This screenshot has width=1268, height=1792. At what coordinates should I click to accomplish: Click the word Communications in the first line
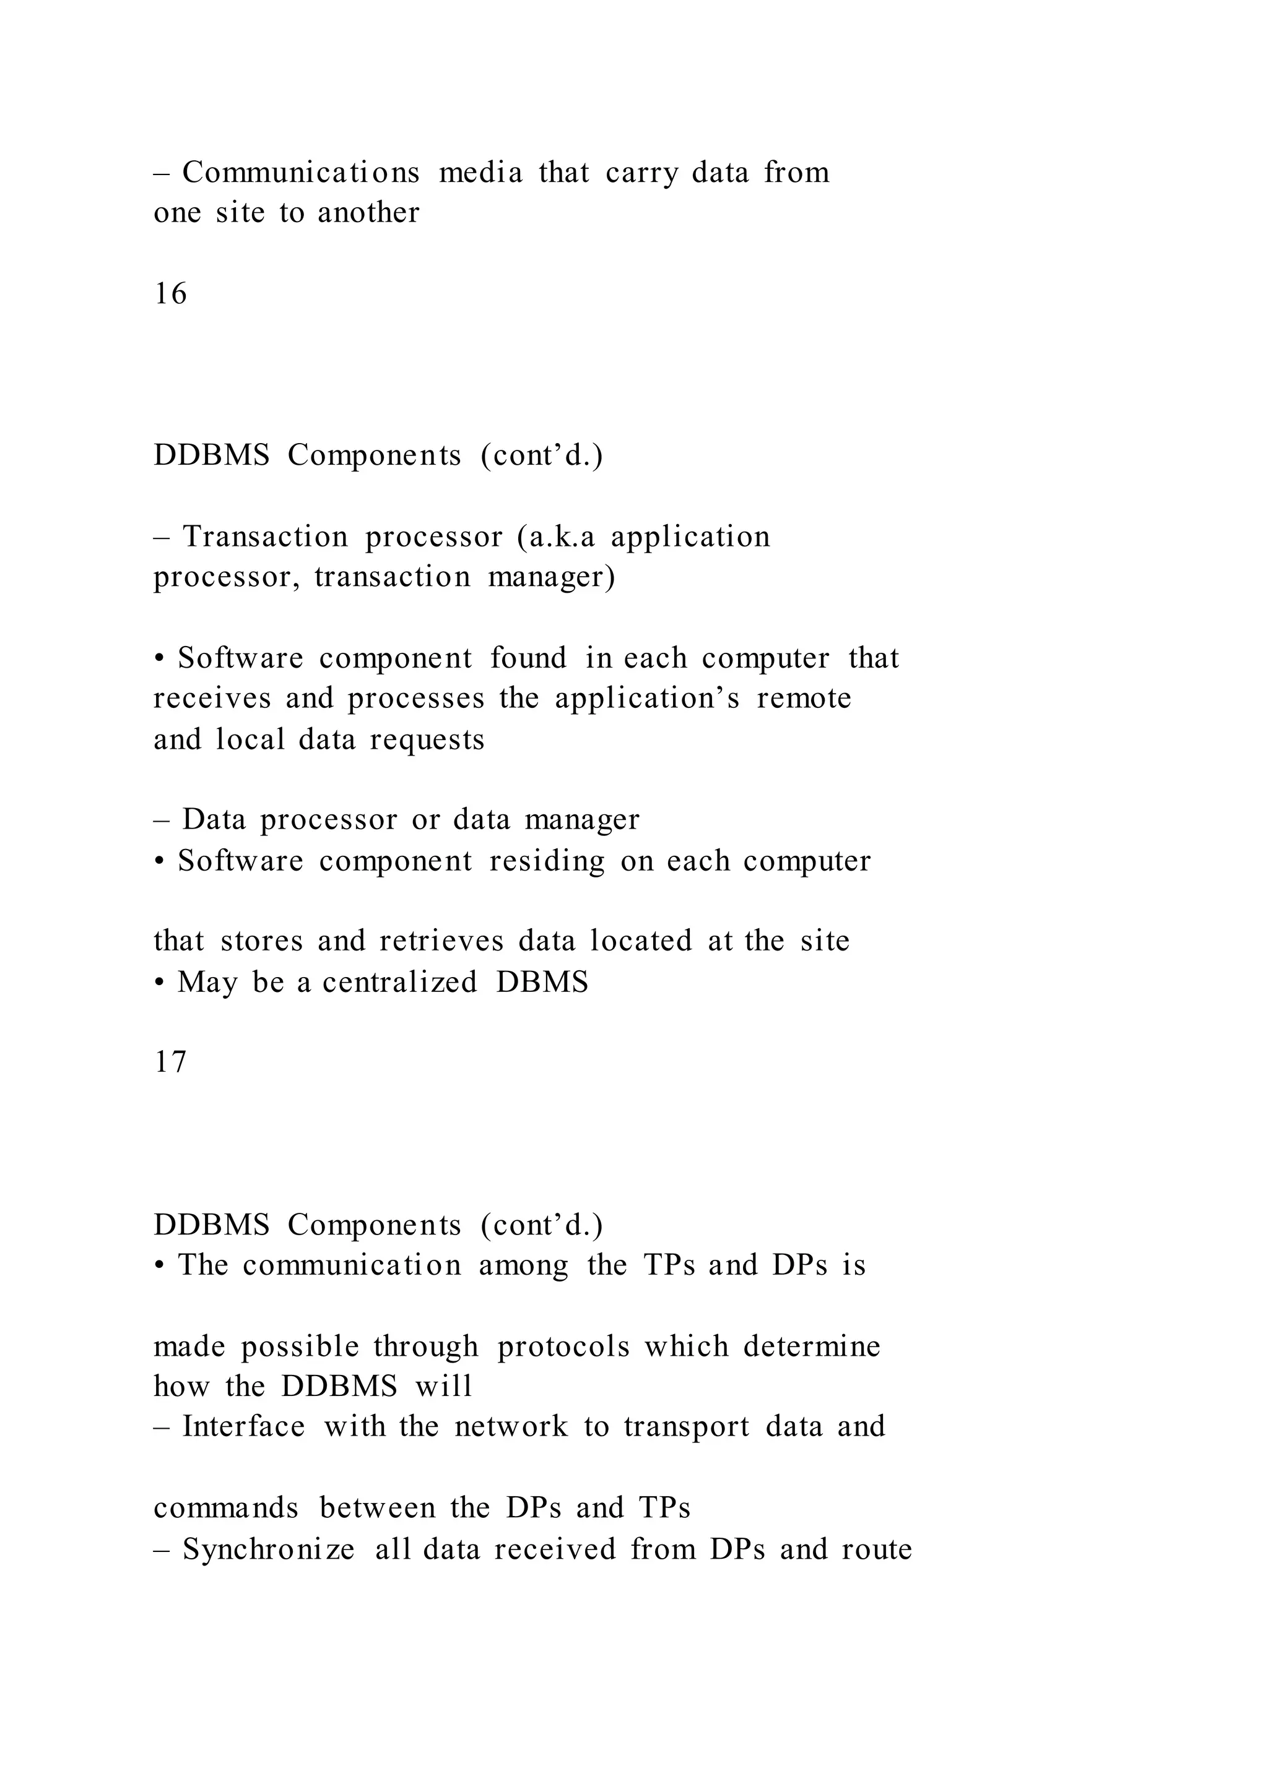(x=301, y=173)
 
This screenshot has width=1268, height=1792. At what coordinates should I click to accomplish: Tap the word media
(x=480, y=173)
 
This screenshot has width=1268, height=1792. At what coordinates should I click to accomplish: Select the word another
(x=368, y=213)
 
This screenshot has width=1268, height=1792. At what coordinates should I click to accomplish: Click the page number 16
(x=170, y=295)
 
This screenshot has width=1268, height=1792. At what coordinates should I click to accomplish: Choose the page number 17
(x=170, y=1062)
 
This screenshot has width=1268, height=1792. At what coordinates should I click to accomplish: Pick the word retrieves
(x=442, y=941)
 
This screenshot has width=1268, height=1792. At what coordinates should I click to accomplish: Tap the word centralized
(x=400, y=982)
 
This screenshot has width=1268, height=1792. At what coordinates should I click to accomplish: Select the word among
(x=523, y=1265)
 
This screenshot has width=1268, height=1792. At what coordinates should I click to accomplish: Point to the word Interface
(x=243, y=1427)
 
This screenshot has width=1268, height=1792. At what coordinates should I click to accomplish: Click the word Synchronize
(x=268, y=1549)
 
